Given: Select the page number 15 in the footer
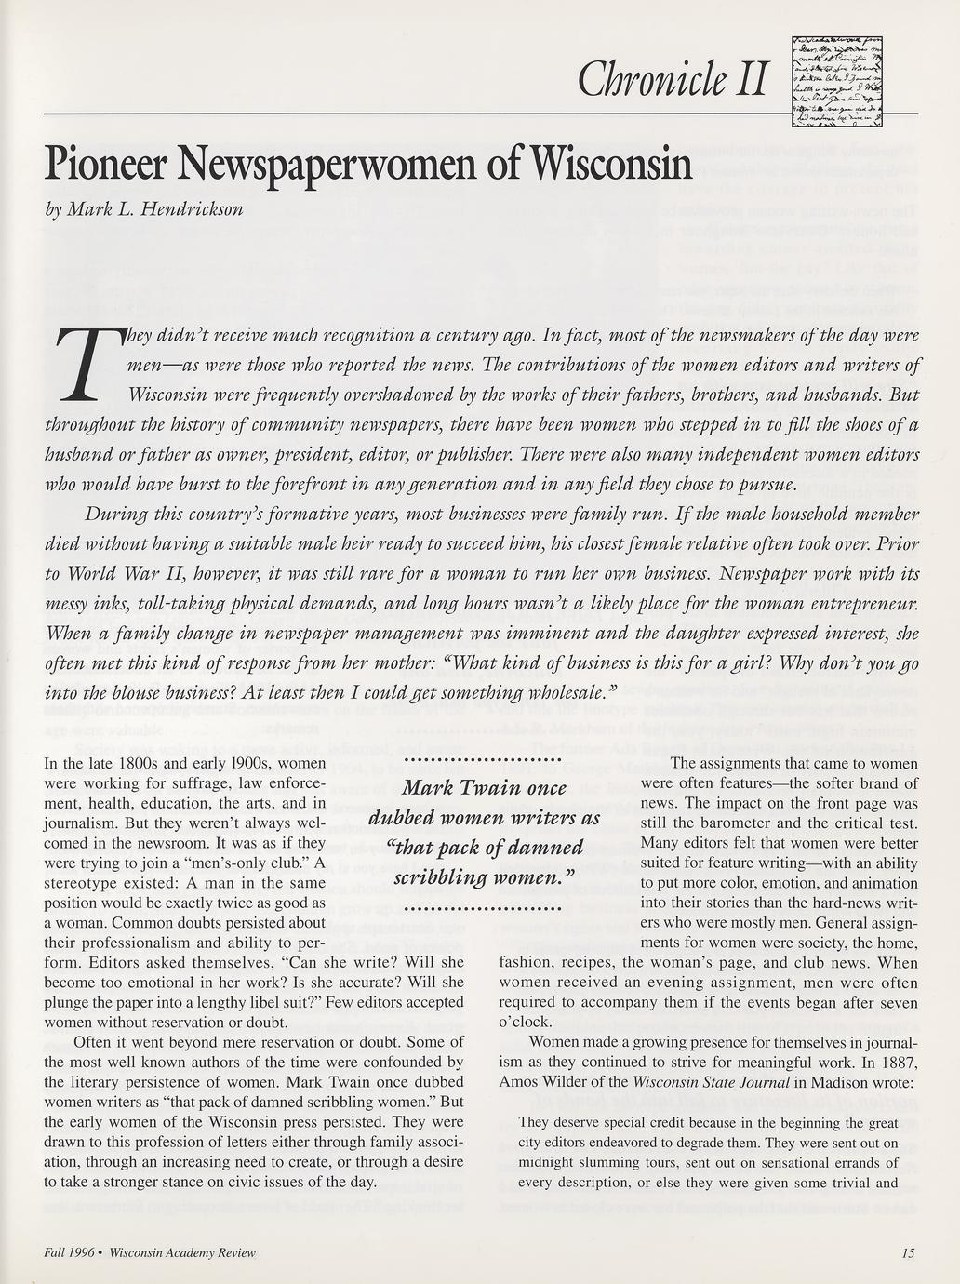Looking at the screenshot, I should [908, 1252].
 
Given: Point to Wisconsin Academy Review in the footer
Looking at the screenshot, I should [182, 1252].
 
